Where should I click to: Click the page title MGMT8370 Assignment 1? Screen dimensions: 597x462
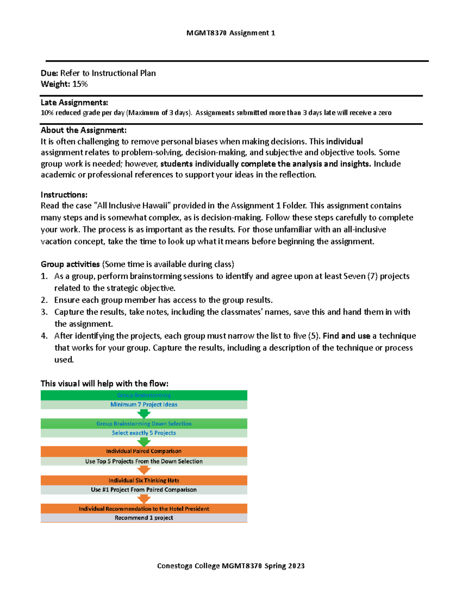(231, 33)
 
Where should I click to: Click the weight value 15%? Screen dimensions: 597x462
(80, 84)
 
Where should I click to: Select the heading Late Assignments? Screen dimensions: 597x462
(74, 103)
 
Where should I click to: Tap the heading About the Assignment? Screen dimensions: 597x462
(84, 130)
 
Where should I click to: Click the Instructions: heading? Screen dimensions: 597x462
(64, 195)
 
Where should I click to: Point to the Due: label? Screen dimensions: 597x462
(49, 73)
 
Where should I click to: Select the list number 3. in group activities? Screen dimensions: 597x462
(44, 312)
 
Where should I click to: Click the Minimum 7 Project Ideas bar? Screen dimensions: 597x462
(144, 404)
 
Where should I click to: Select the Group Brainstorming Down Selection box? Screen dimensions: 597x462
(144, 424)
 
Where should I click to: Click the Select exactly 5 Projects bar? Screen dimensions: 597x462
(144, 433)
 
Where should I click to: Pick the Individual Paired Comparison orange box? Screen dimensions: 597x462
(144, 451)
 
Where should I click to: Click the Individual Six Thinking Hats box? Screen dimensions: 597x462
(144, 480)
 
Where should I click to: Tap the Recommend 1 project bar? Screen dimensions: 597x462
(144, 518)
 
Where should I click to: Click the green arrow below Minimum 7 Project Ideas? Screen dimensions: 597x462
(144, 414)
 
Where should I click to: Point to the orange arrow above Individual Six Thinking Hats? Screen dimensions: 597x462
(144, 470)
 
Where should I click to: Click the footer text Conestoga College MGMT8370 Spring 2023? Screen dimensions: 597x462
(231, 566)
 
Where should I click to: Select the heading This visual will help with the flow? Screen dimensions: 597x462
(104, 383)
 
